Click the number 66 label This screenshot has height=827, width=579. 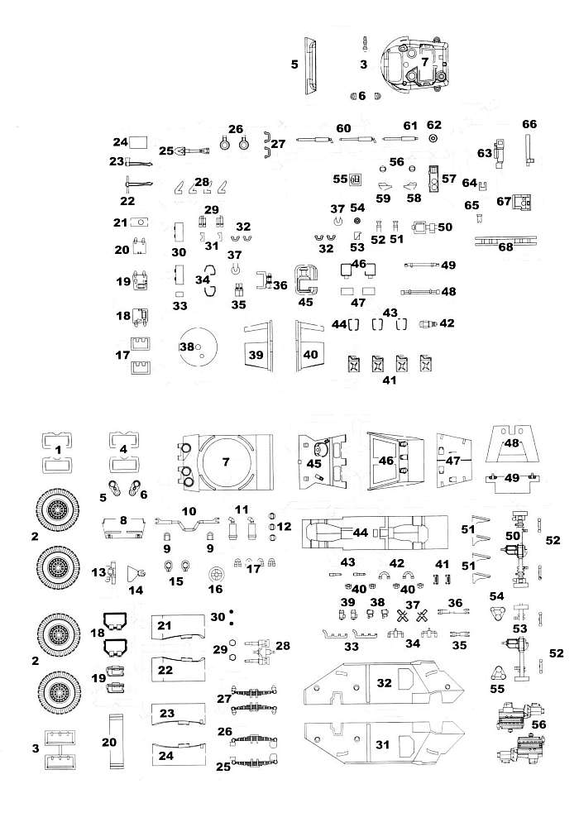[x=529, y=124]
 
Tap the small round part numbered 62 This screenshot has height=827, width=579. [x=433, y=140]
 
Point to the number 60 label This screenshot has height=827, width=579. [x=343, y=128]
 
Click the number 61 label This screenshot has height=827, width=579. [x=410, y=126]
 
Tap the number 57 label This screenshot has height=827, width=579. [x=449, y=178]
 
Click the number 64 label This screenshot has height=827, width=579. [x=470, y=183]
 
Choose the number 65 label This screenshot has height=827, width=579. [x=471, y=204]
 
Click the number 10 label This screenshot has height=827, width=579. [x=189, y=511]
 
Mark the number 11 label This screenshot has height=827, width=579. [x=242, y=508]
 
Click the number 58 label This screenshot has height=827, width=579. [x=414, y=198]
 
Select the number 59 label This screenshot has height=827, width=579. [x=383, y=198]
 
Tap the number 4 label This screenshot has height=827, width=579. [x=122, y=449]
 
